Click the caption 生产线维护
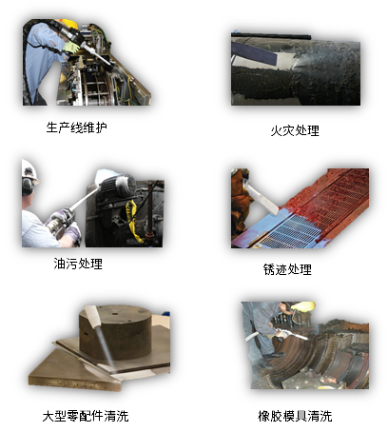tap(77, 127)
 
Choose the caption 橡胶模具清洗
tap(296, 416)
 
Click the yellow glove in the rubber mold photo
tap(303, 306)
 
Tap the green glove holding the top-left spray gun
tap(72, 47)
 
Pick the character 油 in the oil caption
tap(60, 264)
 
